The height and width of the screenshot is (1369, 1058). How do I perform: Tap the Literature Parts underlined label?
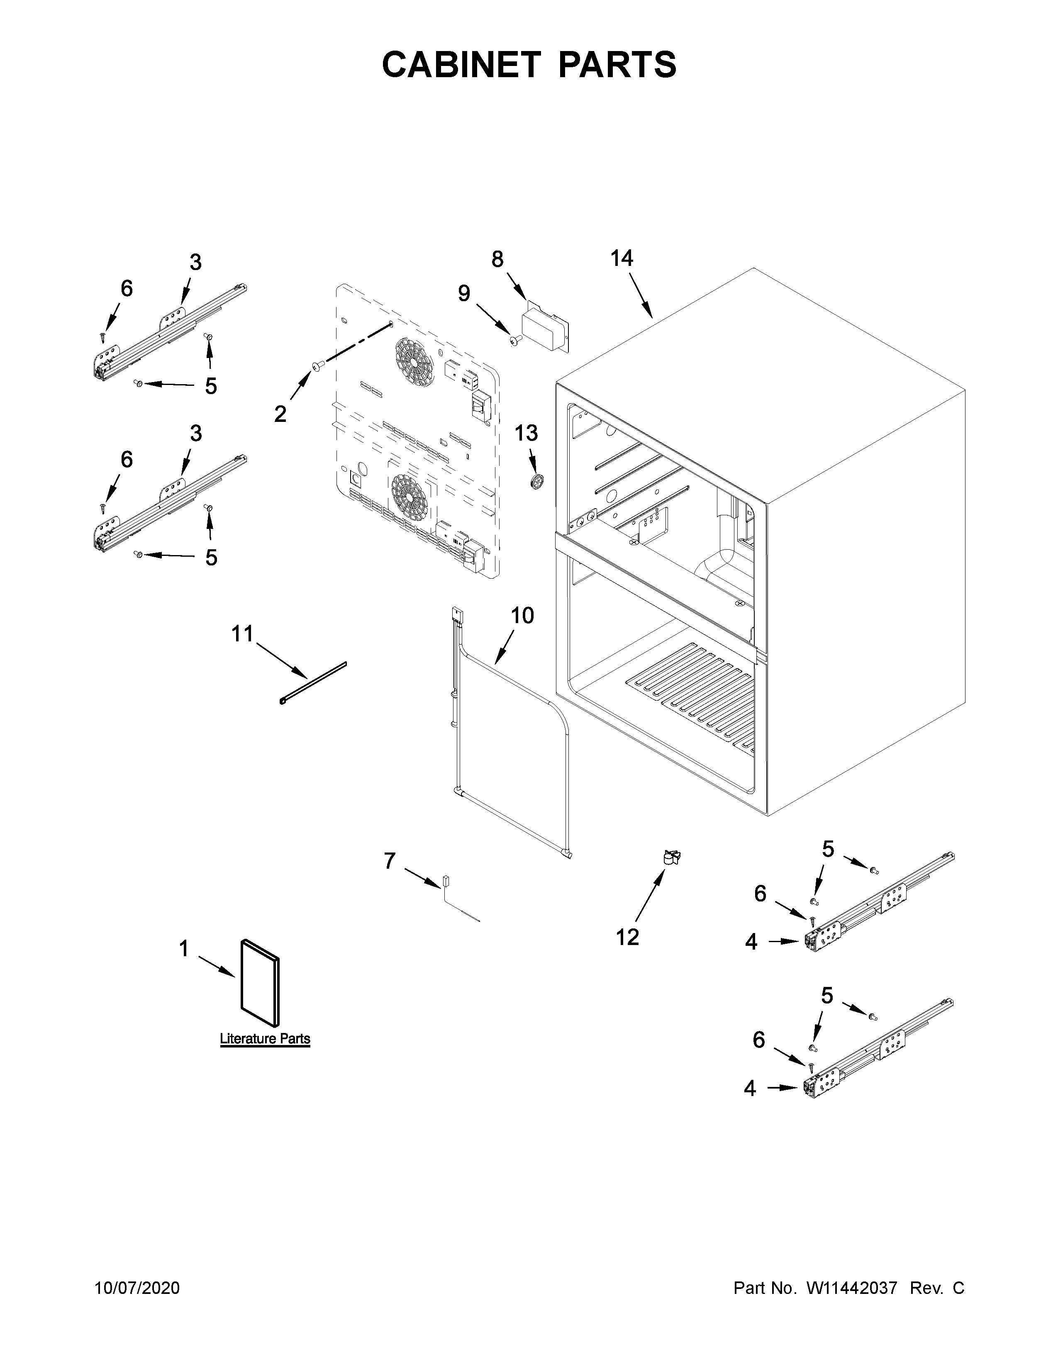(265, 1039)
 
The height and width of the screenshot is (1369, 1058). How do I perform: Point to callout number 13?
(527, 433)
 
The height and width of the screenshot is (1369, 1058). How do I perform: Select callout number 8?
(497, 259)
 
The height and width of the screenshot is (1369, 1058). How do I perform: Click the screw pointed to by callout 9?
(517, 339)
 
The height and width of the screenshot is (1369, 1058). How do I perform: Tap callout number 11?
(243, 634)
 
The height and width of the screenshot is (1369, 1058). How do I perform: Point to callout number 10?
(522, 616)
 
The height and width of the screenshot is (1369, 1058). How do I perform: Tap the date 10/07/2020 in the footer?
(137, 1288)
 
